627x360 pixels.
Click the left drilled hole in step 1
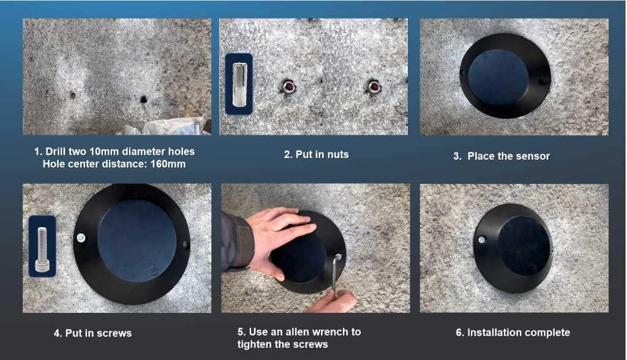tap(72, 96)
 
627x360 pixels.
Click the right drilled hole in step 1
tap(143, 98)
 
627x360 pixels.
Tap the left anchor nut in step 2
tap(286, 86)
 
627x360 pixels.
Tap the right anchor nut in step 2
tap(372, 86)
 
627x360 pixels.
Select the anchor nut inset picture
tap(239, 83)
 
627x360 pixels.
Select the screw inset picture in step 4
tap(42, 245)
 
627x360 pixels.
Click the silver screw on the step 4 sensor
tap(80, 237)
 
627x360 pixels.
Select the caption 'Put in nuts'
tap(316, 154)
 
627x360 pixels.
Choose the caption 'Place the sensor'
tap(508, 156)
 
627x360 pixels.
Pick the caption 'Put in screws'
tap(92, 333)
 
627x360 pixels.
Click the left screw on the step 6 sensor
tap(482, 239)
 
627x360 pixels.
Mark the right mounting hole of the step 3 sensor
tap(541, 81)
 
